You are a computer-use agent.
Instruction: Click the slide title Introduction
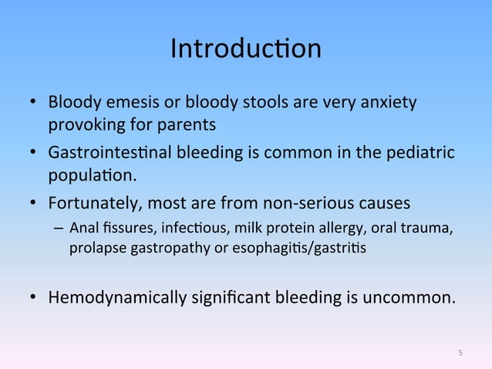[x=245, y=49]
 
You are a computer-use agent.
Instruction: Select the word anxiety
[x=389, y=102]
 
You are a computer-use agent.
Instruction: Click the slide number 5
[x=460, y=354]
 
